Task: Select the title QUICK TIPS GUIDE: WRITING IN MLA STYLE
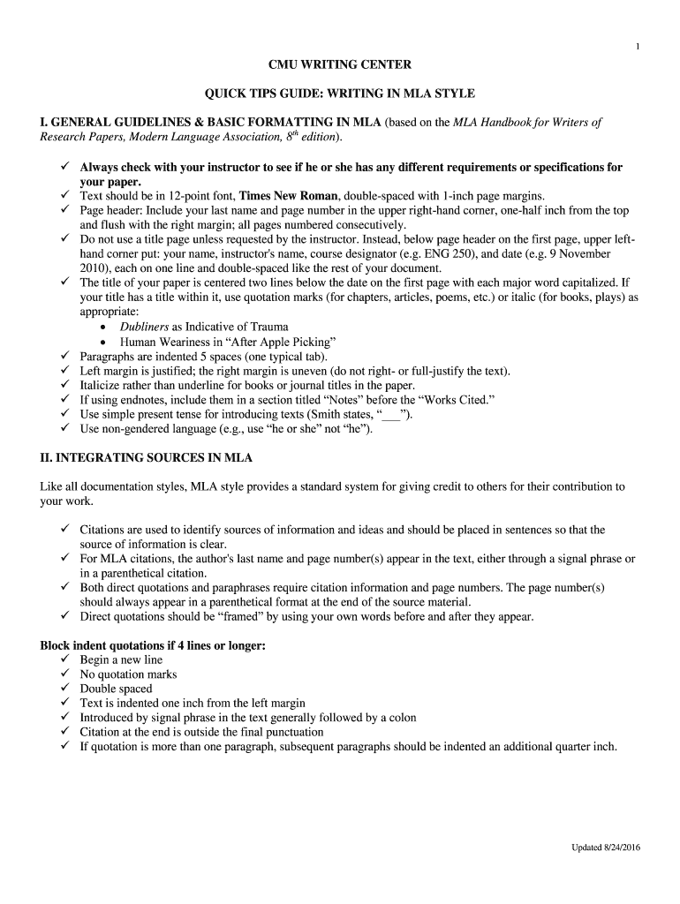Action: click(x=340, y=94)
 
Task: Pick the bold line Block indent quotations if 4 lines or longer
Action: click(x=153, y=645)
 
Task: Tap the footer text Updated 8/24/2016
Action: click(x=605, y=848)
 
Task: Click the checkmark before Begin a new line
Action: click(x=65, y=659)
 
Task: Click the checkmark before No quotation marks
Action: click(x=65, y=674)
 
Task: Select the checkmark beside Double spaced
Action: click(x=65, y=689)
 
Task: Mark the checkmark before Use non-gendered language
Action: click(x=65, y=428)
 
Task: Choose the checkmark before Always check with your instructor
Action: click(x=65, y=167)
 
